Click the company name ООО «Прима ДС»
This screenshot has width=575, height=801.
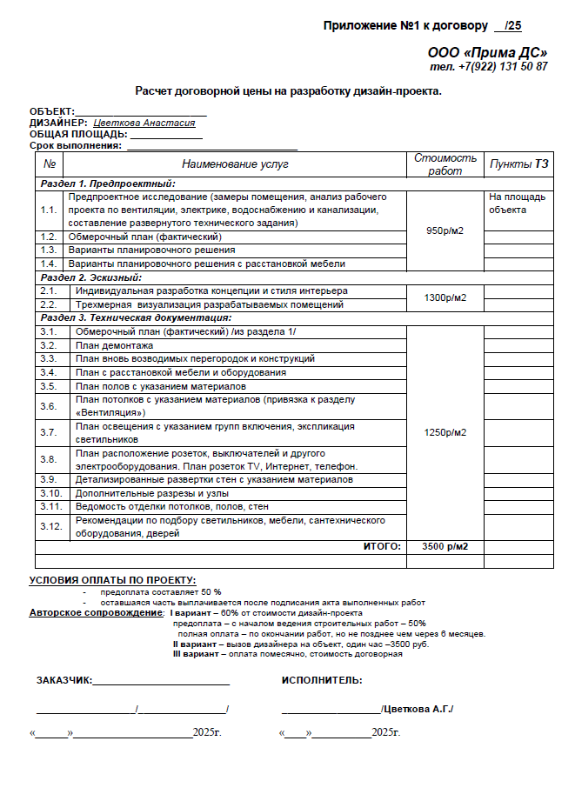pos(487,52)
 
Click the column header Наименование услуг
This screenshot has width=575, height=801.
pos(235,164)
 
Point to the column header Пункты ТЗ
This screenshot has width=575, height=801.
pos(518,164)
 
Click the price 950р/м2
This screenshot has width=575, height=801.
pos(445,230)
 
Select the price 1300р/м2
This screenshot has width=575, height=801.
pos(445,297)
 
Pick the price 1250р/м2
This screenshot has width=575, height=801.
pos(445,432)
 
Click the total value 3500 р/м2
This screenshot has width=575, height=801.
pos(445,546)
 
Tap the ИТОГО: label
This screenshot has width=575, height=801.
pos(382,546)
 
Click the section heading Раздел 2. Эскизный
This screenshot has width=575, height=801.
pos(91,277)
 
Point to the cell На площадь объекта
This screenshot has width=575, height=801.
pos(518,204)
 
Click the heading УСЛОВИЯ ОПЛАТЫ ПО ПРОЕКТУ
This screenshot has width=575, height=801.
pos(112,580)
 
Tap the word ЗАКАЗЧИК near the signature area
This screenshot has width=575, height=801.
pos(63,680)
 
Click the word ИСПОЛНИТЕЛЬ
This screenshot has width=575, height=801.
pos(322,680)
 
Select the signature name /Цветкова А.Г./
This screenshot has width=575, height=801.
pos(418,710)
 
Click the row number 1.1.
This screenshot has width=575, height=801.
pos(48,210)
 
